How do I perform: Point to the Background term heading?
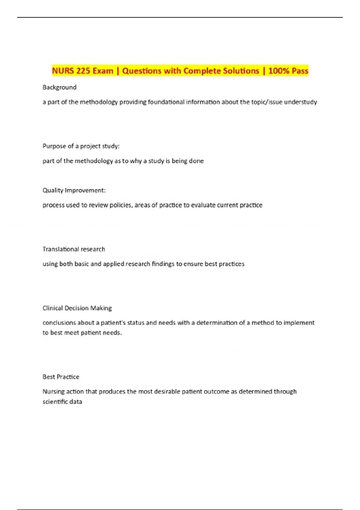[x=59, y=87]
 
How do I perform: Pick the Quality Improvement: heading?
[x=74, y=190]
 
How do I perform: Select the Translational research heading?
[x=74, y=249]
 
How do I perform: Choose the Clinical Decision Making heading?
[x=77, y=308]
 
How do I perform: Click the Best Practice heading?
[x=61, y=377]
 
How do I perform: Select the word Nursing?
[x=53, y=391]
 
